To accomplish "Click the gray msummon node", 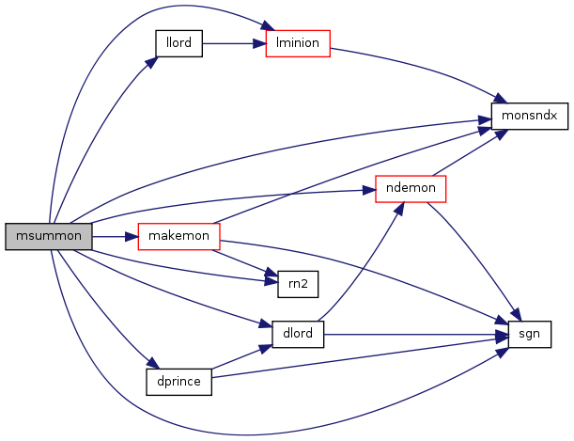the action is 49,237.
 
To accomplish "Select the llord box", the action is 179,43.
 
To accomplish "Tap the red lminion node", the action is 298,43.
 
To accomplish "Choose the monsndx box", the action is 529,116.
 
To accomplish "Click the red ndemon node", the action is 411,189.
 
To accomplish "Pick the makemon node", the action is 179,237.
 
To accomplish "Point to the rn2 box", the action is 298,284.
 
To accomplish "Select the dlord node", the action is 298,335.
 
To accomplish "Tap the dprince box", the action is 179,382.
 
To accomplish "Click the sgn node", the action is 529,335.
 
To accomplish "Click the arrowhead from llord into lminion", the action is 259,44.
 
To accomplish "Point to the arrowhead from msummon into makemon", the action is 132,237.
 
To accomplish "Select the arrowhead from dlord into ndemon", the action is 399,208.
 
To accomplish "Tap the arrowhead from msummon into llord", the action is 151,62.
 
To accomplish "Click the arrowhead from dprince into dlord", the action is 266,348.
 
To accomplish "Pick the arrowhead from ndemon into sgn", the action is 515,315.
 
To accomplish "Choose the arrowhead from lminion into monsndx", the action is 501,99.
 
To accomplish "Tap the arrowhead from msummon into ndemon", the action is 369,191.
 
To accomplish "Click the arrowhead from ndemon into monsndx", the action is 502,134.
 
